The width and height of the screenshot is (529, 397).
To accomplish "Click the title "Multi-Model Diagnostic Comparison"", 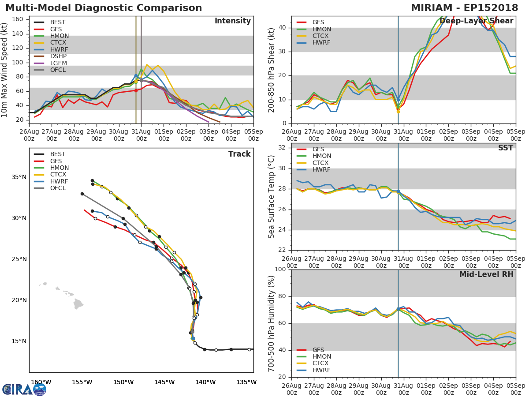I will [104, 8].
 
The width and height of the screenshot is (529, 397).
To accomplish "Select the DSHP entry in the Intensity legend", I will [58, 56].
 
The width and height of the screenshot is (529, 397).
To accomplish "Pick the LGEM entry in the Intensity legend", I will [58, 63].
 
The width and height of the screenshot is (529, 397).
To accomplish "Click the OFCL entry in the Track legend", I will [58, 188].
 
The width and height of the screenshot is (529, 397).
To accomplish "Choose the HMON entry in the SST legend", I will [321, 156].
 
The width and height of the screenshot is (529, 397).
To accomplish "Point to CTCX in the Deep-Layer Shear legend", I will [321, 36].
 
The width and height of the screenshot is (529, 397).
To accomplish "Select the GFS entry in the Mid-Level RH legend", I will [318, 350].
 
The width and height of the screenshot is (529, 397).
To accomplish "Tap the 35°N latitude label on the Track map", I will [18, 177].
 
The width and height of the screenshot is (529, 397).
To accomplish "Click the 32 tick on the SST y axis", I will [282, 147].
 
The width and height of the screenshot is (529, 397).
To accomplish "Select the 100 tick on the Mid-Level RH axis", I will [280, 270].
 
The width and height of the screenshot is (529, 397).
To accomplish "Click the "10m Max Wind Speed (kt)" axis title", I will [5, 71].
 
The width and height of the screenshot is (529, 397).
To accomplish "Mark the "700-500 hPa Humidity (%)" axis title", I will [272, 323].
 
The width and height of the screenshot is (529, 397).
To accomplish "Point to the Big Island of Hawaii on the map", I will [78, 304].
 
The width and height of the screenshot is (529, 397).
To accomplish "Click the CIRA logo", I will [24, 389].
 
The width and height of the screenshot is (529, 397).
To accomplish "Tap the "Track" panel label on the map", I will [239, 154].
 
